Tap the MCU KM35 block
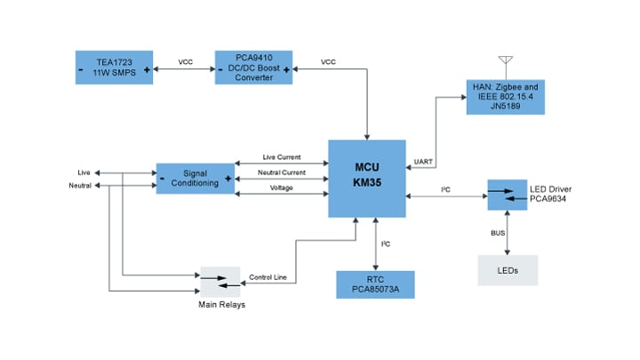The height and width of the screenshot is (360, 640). pos(367,178)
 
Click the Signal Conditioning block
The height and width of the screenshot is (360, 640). pos(195,177)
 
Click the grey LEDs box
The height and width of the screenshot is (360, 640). pos(508,269)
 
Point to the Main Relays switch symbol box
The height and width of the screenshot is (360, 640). pos(221,282)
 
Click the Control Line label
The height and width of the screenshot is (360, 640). pos(268,277)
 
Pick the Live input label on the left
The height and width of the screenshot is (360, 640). pos(84,172)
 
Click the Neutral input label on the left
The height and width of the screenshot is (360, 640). pos(80,185)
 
